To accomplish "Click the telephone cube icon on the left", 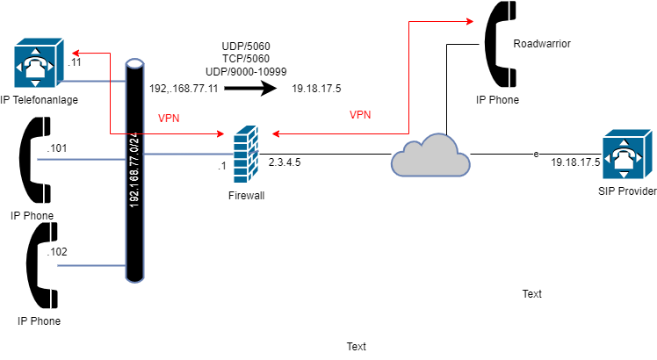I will coord(39,63).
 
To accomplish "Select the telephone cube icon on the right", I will coord(626,155).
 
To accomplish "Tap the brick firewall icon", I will coord(246,155).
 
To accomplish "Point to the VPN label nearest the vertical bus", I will coord(169,119).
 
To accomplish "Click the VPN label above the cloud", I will coord(360,115).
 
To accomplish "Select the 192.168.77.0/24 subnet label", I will coord(134,169).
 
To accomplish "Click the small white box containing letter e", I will coord(536,154).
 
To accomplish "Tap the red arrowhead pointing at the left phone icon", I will coord(76,54).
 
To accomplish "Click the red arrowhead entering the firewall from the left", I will coord(221,134).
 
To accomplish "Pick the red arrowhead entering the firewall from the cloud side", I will coord(276,134).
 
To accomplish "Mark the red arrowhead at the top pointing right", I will coord(470,21).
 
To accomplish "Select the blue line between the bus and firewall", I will coord(187,154).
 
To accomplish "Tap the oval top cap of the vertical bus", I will coord(134,64).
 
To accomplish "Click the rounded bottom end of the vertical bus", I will coord(134,277).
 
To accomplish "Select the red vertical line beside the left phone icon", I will coord(111,93).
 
